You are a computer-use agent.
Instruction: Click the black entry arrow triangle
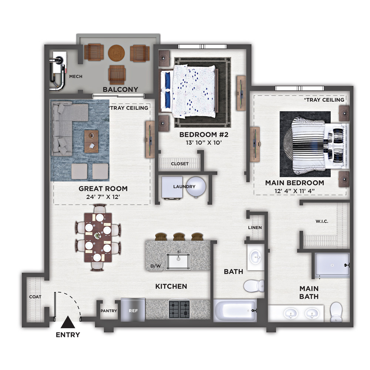pos(68,322)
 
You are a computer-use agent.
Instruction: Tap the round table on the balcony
pos(116,53)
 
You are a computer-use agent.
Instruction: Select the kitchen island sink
pos(178,261)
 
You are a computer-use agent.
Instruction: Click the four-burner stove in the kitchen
pos(179,309)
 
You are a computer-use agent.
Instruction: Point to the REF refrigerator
pos(133,310)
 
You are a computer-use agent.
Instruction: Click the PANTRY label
pos(109,311)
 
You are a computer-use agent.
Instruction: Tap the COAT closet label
pos(35,297)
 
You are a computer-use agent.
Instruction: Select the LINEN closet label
pos(255,228)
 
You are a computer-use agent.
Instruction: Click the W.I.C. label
pos(322,221)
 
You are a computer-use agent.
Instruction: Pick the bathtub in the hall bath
pos(235,310)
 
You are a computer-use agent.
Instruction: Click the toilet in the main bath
pos(336,312)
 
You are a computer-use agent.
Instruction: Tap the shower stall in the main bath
pos(332,265)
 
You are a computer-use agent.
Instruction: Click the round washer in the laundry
pos(196,187)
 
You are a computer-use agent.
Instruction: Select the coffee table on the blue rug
pos(91,141)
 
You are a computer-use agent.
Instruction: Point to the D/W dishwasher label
pos(155,266)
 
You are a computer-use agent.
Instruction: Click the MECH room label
pos(76,77)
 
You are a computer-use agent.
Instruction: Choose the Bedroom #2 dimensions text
pos(204,142)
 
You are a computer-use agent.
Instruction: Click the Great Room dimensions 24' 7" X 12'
pos(103,196)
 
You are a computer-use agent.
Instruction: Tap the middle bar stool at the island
pos(179,236)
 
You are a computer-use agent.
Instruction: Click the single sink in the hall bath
pos(256,257)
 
